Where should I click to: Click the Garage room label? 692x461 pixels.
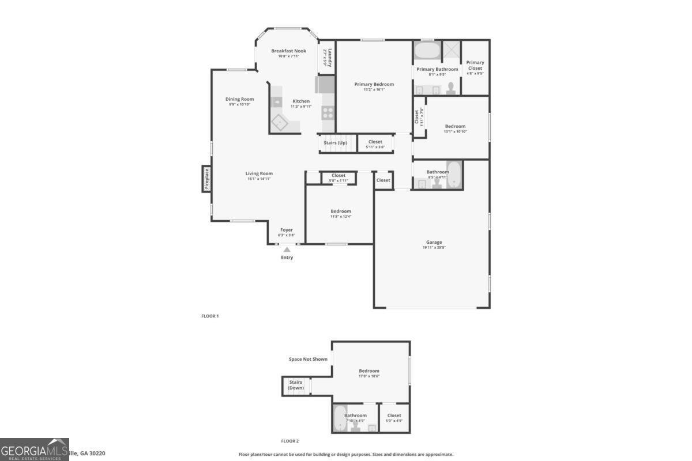(x=434, y=242)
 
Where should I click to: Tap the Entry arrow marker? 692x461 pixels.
(x=287, y=249)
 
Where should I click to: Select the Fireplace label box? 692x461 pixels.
(x=206, y=179)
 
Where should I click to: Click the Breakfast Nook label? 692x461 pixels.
(x=288, y=51)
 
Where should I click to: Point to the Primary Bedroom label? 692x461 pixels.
(x=374, y=84)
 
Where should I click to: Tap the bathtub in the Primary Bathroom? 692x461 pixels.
(x=427, y=51)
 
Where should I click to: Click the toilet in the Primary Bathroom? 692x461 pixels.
(x=452, y=88)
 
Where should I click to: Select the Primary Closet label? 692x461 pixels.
(x=475, y=65)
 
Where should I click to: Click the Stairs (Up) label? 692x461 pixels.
(x=335, y=142)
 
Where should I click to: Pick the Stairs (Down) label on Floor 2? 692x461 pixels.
(x=296, y=385)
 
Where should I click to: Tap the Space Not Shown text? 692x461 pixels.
(x=308, y=359)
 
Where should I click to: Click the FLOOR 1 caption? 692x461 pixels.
(x=210, y=316)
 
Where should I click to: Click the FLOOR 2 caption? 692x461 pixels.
(x=290, y=441)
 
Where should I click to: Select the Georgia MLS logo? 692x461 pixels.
(x=35, y=449)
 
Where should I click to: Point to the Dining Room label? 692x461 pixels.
(x=239, y=99)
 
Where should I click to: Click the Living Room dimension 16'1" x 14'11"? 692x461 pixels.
(x=259, y=179)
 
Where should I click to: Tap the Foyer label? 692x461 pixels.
(x=287, y=230)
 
